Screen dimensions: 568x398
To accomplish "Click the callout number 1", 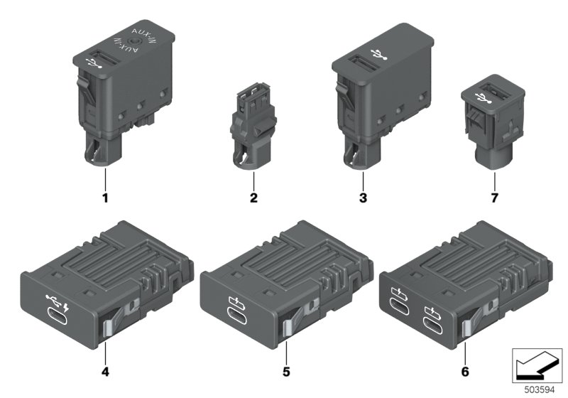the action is click(x=105, y=198).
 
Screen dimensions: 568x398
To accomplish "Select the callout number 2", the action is click(x=253, y=198).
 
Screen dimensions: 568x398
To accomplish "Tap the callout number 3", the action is click(x=363, y=198).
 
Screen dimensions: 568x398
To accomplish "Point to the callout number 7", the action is click(x=494, y=198).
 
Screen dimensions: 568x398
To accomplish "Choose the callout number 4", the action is click(x=105, y=372).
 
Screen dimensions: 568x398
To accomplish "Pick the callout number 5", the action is click(x=286, y=372).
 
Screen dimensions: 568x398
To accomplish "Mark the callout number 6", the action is click(x=465, y=372).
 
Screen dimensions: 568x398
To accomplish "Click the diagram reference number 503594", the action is click(x=540, y=390).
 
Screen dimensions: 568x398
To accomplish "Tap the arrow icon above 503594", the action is click(x=537, y=367).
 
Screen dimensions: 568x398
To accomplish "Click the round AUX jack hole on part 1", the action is click(x=135, y=43).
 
